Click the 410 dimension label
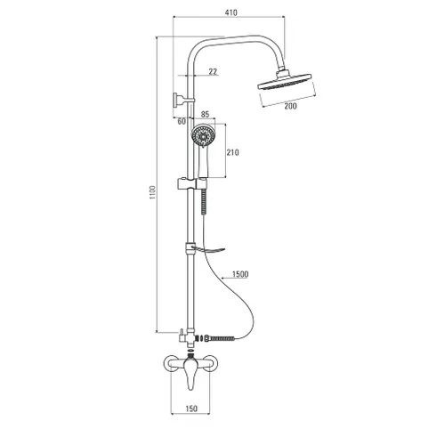pyautogui.click(x=231, y=12)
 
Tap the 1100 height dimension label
pyautogui.click(x=152, y=192)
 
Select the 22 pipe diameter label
pyautogui.click(x=213, y=71)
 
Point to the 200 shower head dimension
pyautogui.click(x=290, y=106)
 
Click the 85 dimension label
pyautogui.click(x=205, y=114)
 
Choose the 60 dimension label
pyautogui.click(x=182, y=121)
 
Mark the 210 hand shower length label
pyautogui.click(x=233, y=152)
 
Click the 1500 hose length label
pyautogui.click(x=240, y=274)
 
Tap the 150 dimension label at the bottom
pyautogui.click(x=191, y=409)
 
